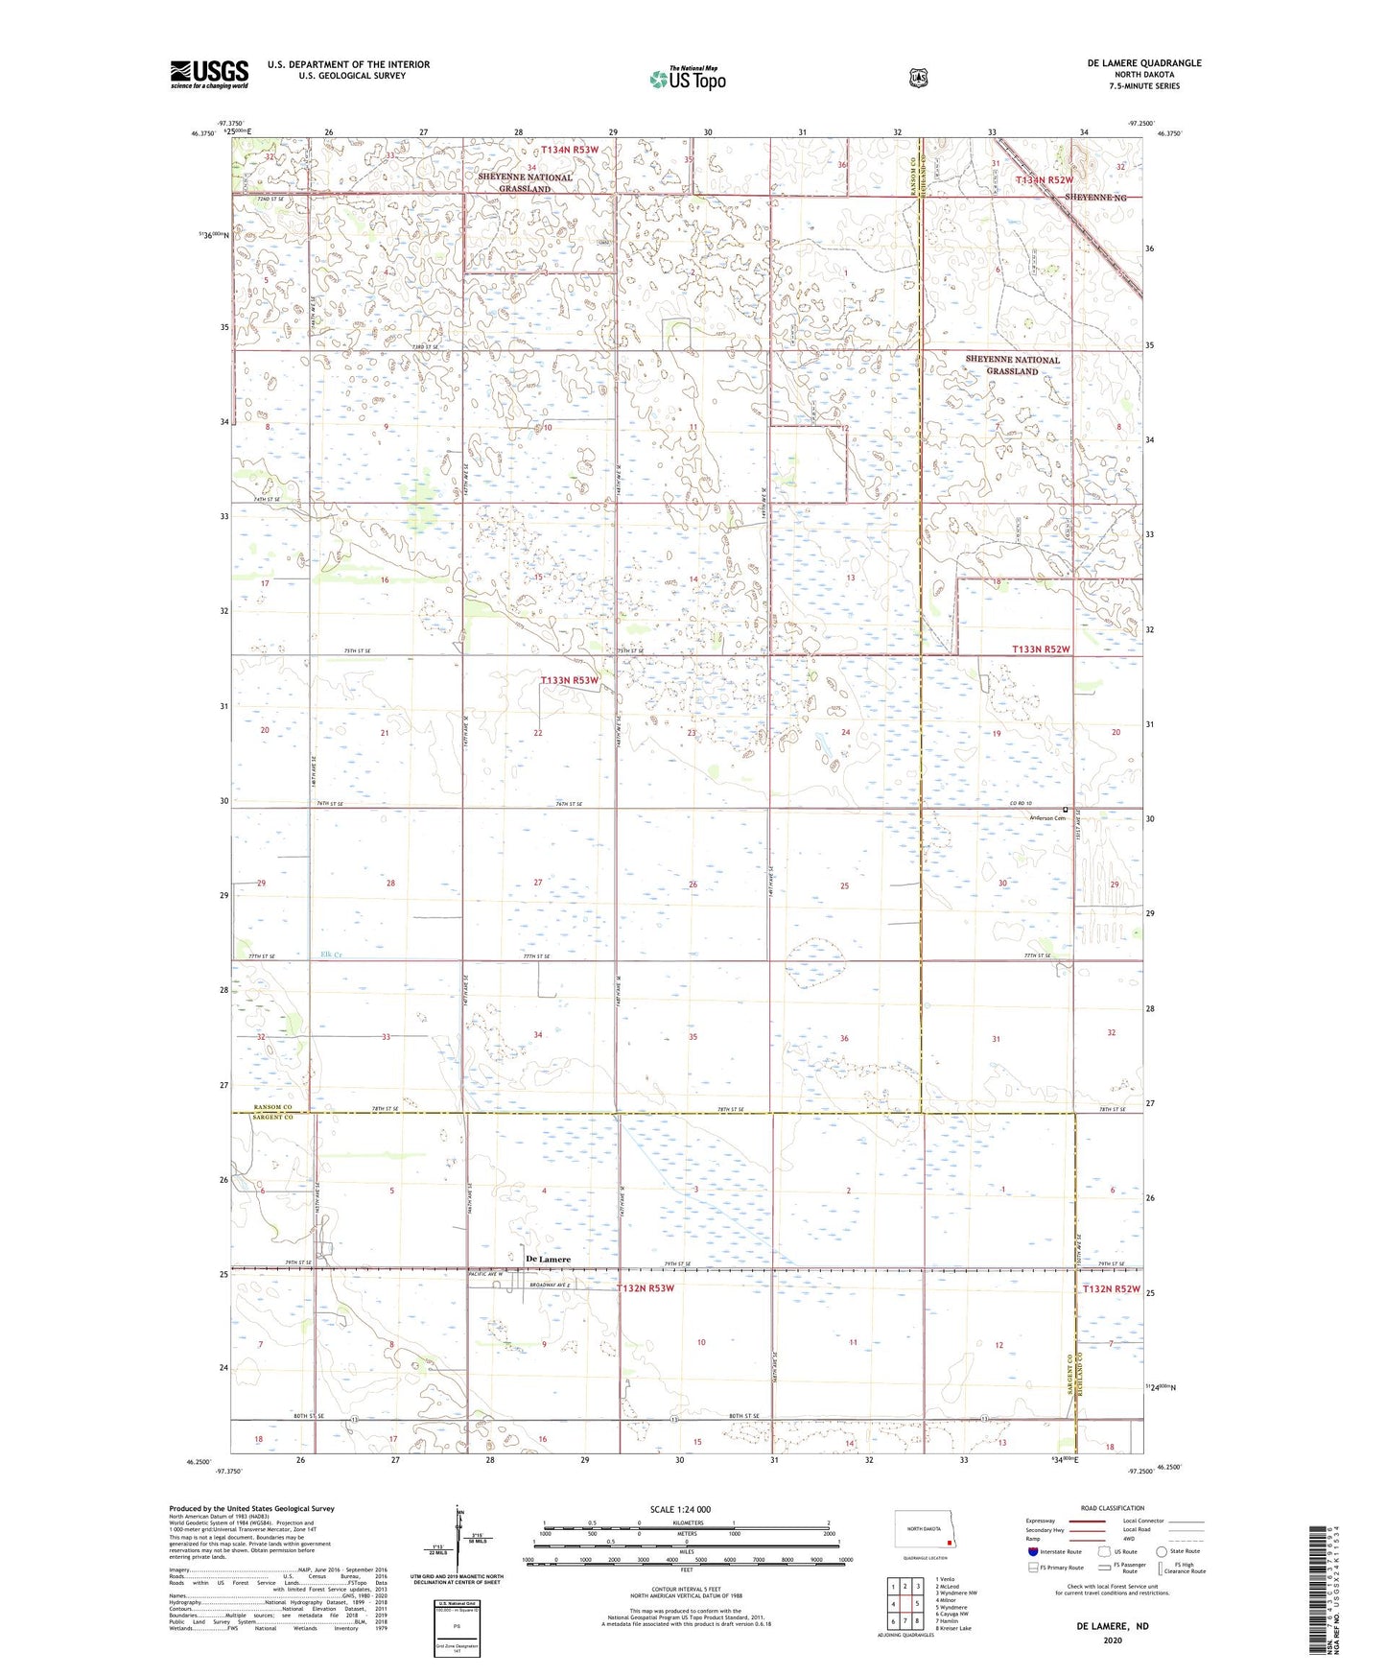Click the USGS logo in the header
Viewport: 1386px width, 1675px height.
[209, 74]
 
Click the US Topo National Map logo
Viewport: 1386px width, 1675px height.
[687, 79]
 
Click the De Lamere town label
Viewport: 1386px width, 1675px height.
[548, 1260]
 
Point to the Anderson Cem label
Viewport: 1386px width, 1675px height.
[1046, 818]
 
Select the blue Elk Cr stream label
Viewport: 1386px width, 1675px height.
[331, 955]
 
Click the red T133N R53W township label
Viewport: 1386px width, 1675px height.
[570, 680]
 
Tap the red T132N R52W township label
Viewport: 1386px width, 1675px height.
[1112, 1289]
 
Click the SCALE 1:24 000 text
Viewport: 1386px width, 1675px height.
[680, 1509]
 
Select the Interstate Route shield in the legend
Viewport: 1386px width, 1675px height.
[1032, 1551]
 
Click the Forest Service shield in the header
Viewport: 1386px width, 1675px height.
[919, 77]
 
